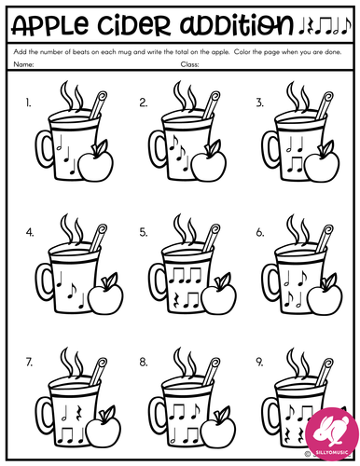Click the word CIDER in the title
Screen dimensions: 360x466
(134, 24)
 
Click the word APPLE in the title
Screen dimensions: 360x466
(49, 24)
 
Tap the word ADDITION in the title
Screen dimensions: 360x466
(237, 24)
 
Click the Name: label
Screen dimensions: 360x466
(23, 64)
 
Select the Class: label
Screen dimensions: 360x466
(189, 64)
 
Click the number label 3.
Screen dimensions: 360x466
(259, 103)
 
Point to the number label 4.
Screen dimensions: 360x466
(30, 233)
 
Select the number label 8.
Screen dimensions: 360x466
(144, 363)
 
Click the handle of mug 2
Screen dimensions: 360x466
(158, 147)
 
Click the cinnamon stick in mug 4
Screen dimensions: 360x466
(98, 238)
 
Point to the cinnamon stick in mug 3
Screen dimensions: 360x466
(325, 105)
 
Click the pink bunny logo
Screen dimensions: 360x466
(332, 433)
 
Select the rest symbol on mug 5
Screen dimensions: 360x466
(176, 300)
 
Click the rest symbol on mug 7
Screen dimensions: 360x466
(79, 412)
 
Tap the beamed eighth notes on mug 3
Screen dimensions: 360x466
(295, 165)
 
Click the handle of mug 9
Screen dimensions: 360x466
(270, 413)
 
